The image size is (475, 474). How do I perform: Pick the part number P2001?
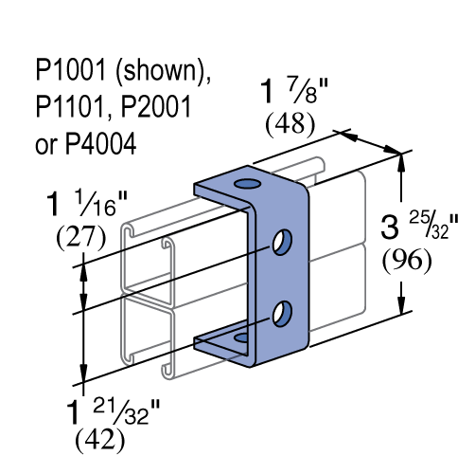(156, 106)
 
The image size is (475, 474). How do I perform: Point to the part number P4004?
(100, 143)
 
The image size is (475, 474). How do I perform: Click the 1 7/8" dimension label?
(294, 91)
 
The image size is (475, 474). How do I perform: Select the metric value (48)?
(290, 124)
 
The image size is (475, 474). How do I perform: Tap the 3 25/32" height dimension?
(419, 226)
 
